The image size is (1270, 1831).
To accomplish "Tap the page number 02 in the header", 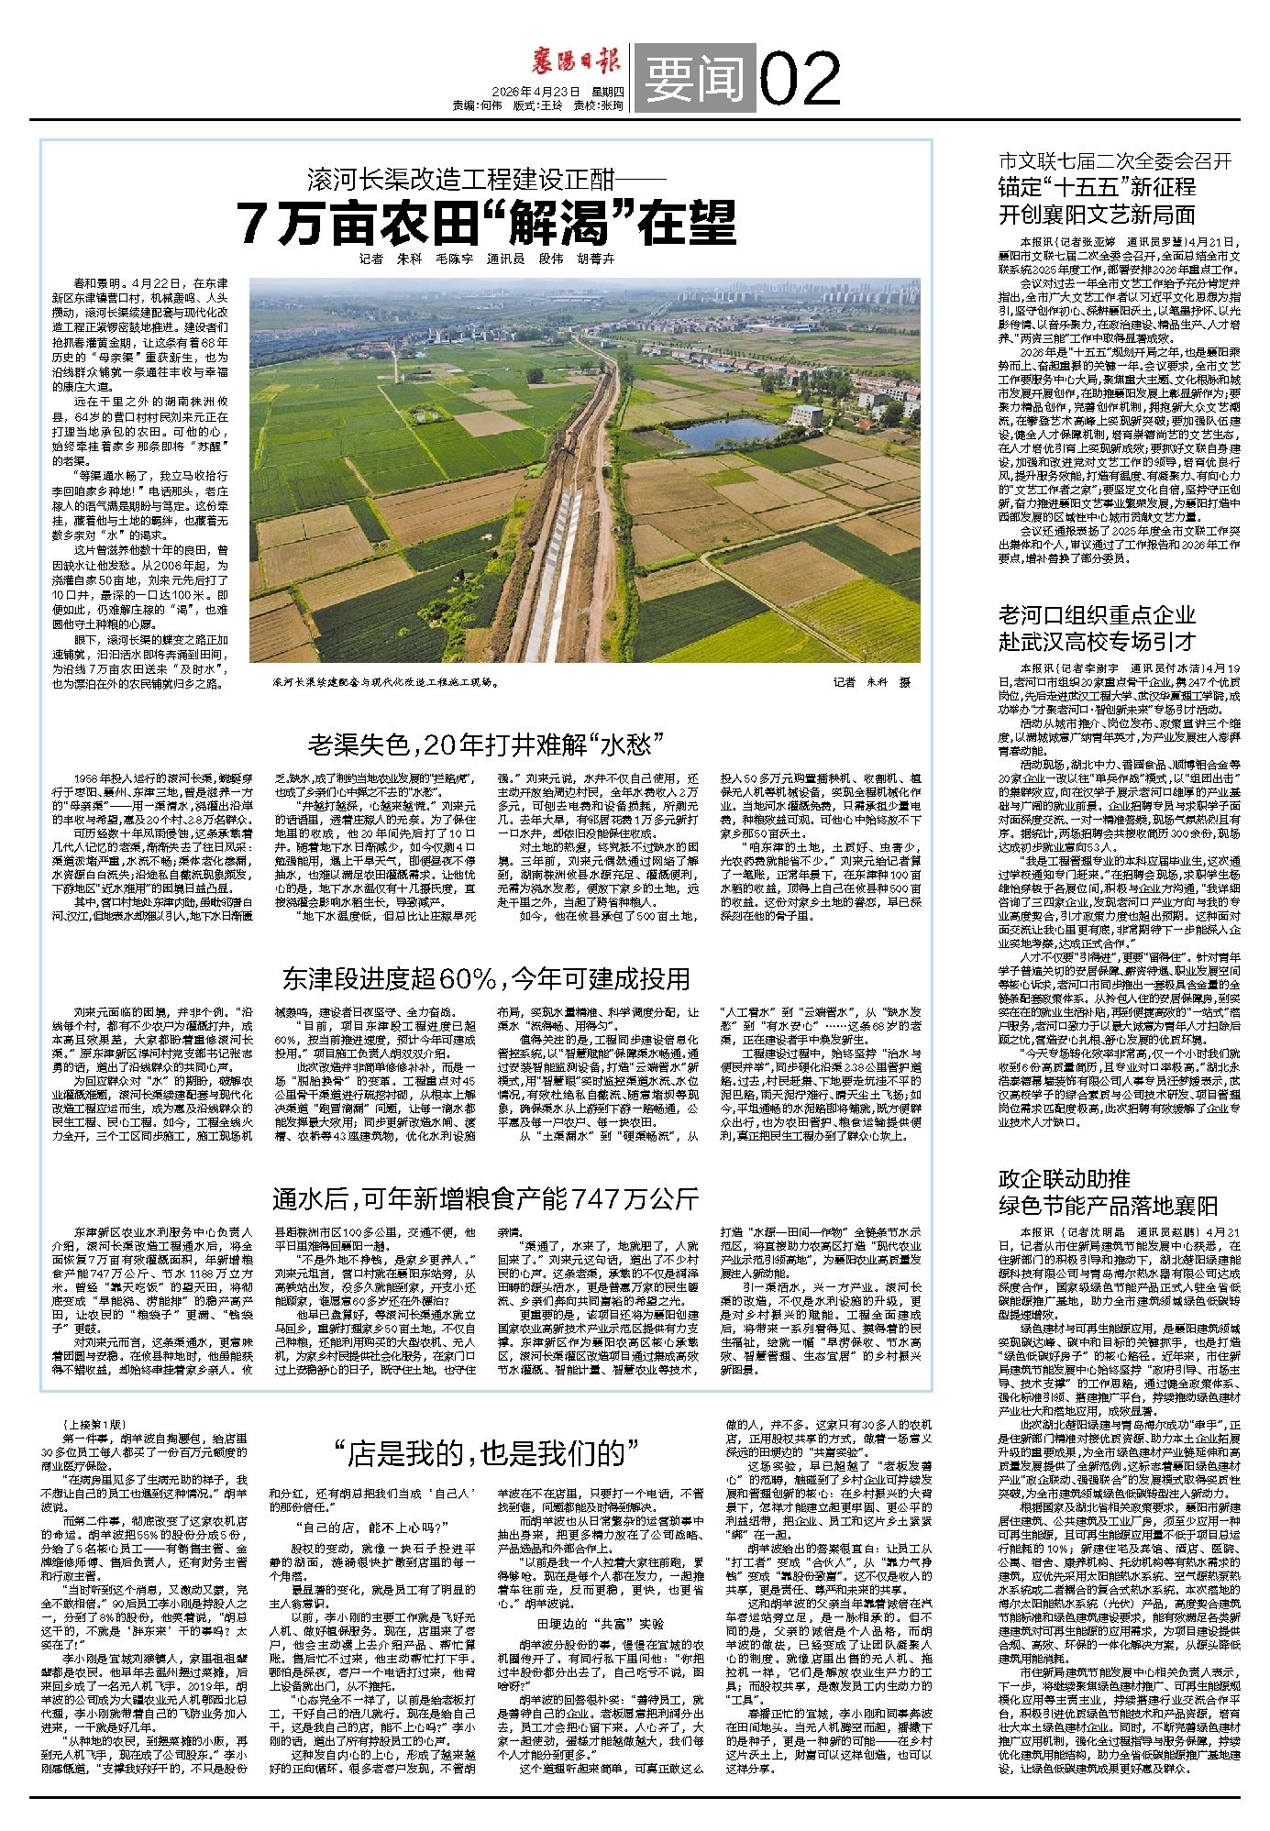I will pos(800,79).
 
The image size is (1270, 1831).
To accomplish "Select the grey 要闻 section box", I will pos(694,80).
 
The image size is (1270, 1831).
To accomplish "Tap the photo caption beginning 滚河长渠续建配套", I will pos(385,682).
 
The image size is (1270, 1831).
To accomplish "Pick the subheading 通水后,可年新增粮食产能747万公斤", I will pos(485,1198).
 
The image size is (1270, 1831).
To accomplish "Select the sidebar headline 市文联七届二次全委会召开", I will pos(1114,162).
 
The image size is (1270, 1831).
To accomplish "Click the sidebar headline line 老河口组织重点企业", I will pos(1097,614).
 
